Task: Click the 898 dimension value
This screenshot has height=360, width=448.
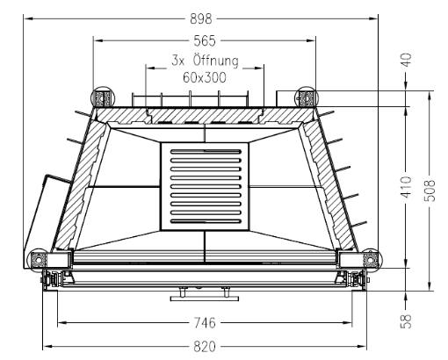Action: click(201, 19)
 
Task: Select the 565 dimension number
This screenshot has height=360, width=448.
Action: click(205, 40)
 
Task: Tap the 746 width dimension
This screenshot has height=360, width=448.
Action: click(205, 323)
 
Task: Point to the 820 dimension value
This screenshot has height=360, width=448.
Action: click(205, 347)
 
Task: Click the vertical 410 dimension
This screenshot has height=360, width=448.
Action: click(406, 187)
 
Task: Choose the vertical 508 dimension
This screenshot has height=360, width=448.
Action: click(430, 191)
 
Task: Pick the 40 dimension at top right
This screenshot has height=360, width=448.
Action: click(406, 60)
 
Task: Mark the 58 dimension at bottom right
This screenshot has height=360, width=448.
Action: click(406, 321)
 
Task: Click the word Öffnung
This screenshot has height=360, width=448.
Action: click(216, 61)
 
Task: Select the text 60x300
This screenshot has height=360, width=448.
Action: click(205, 78)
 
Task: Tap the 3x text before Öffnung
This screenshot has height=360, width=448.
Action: click(178, 61)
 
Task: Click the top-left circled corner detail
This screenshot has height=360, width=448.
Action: click(102, 97)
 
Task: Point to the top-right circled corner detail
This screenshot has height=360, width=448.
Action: click(306, 97)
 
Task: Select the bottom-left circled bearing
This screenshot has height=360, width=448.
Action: click(38, 259)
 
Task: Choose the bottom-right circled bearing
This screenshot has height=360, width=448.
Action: click(372, 259)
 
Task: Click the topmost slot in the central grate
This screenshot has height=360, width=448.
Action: click(206, 152)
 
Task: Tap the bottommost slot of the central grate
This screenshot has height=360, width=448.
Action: click(206, 221)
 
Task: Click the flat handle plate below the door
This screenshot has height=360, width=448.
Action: click(205, 299)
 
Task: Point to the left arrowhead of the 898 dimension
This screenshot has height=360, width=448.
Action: click(28, 19)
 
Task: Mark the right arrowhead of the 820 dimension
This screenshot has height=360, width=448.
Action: click(362, 347)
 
